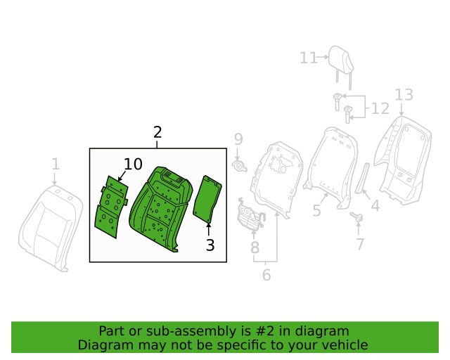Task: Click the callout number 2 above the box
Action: pos(157,132)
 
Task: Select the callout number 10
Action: pos(133,165)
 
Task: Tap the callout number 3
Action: pos(210,245)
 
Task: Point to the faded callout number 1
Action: pos(56,165)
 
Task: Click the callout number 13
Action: pos(404,95)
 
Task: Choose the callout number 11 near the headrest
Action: pos(309,58)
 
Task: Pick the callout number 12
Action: pos(380,108)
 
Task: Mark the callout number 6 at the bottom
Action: pos(266,275)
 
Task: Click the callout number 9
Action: pos(238,139)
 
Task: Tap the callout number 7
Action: pos(360,244)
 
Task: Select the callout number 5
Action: pos(316,211)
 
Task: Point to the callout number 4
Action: pos(375,206)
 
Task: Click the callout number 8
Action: pos(255,247)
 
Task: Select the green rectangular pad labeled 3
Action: pos(207,199)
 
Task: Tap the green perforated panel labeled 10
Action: pos(111,207)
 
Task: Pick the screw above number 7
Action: pos(356,217)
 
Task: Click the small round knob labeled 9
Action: pos(239,166)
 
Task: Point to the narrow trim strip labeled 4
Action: pos(362,178)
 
